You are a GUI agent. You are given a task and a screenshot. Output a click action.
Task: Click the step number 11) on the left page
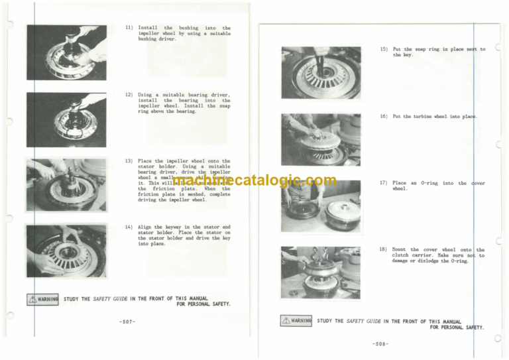click(x=129, y=28)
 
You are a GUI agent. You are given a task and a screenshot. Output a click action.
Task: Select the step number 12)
click(x=129, y=94)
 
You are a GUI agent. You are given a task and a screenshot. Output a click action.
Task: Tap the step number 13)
click(x=129, y=160)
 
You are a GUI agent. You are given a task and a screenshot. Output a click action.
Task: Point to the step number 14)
click(x=129, y=227)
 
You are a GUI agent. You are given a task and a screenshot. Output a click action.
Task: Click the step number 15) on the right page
click(x=384, y=49)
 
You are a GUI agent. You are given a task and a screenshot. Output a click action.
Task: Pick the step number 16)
click(x=384, y=116)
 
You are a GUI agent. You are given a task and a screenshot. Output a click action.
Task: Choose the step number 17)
click(x=384, y=182)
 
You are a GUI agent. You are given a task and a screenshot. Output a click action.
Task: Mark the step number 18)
click(x=384, y=250)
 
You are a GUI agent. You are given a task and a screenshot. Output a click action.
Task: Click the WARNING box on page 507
click(x=43, y=299)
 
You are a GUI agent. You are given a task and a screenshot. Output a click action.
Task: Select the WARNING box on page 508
click(x=296, y=321)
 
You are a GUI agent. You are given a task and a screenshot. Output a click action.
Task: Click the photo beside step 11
click(x=66, y=52)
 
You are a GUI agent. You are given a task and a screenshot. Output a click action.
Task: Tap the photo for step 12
click(x=66, y=119)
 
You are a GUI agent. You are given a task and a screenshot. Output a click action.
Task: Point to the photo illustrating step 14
click(x=66, y=251)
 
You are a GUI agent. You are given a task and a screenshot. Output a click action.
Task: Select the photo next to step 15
click(x=321, y=73)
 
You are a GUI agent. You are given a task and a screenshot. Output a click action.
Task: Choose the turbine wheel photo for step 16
click(x=321, y=139)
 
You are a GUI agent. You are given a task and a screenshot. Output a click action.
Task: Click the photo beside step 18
click(x=321, y=272)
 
